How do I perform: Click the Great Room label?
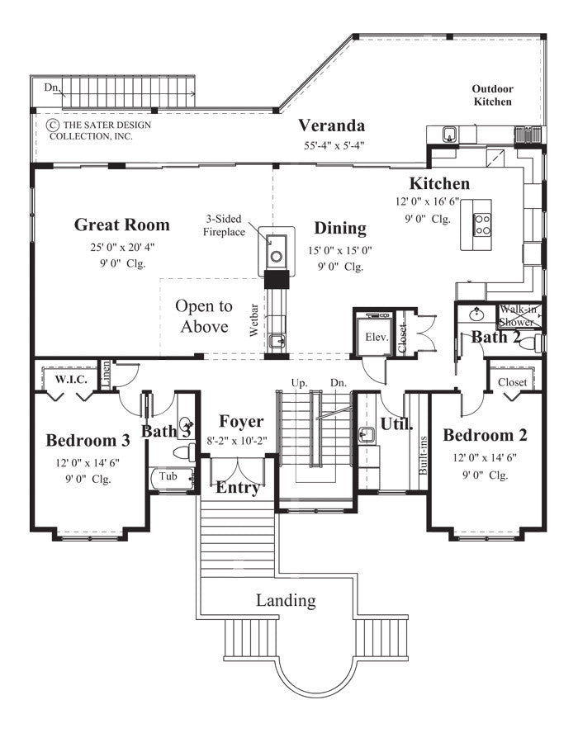[121, 225]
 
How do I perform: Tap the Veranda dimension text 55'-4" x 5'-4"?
[332, 145]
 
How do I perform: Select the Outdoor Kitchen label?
[491, 95]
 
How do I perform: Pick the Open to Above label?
[204, 315]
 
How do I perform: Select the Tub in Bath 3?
[168, 476]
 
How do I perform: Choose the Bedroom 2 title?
[485, 435]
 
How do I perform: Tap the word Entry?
[238, 488]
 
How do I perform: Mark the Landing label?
[285, 600]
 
